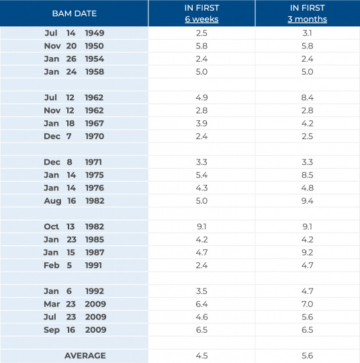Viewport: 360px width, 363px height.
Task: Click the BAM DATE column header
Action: pos(75,13)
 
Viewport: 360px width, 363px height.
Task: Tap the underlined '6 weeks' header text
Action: pos(201,19)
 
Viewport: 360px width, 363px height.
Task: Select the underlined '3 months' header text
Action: pos(307,19)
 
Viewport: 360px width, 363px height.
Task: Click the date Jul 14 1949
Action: pos(75,33)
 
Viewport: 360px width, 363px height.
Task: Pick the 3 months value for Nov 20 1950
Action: pos(307,46)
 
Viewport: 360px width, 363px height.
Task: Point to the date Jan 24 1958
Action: pos(75,72)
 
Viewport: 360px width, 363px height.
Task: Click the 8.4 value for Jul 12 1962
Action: pos(307,97)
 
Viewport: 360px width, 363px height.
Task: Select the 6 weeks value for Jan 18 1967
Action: pos(201,124)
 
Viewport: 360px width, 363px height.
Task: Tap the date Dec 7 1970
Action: pos(74,136)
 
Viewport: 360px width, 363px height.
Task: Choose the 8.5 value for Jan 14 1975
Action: pos(307,175)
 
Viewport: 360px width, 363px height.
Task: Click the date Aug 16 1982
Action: pos(75,201)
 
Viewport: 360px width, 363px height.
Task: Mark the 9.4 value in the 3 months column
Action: pos(307,201)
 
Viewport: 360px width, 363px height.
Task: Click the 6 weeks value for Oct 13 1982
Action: pos(201,227)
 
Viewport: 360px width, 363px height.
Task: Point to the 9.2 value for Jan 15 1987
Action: pos(307,252)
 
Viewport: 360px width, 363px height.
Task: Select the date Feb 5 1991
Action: pos(73,266)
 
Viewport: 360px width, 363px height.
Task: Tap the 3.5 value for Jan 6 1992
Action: pos(201,291)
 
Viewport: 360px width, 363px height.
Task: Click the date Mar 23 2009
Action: pos(75,304)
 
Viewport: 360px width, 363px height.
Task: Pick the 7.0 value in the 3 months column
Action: pos(307,304)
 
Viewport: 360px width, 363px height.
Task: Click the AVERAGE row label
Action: pos(85,356)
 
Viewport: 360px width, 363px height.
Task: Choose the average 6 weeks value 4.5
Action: pos(201,356)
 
